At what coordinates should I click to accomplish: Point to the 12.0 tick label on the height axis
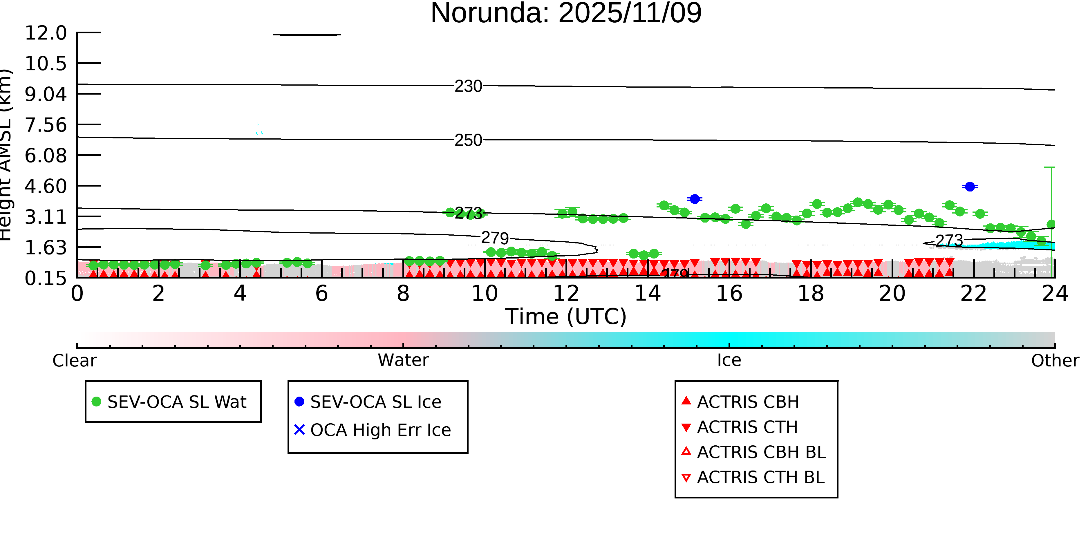click(x=46, y=33)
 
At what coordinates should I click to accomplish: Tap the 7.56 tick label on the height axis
click(x=46, y=125)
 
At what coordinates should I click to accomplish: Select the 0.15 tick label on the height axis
click(x=46, y=278)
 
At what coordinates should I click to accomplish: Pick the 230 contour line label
click(x=468, y=86)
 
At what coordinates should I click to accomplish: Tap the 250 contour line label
click(x=468, y=140)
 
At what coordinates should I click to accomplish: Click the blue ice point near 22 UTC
click(x=970, y=187)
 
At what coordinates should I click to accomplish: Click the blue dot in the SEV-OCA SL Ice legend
click(x=299, y=402)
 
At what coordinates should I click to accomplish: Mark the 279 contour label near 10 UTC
click(x=495, y=238)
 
